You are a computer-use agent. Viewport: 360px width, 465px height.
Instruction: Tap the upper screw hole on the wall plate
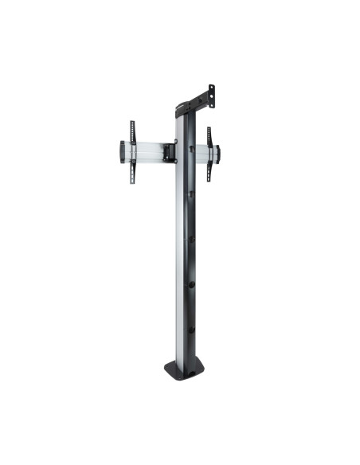pyautogui.click(x=212, y=88)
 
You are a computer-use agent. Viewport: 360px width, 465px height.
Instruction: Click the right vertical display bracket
pyautogui.click(x=209, y=153)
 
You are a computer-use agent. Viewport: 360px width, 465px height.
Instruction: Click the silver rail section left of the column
pyautogui.click(x=147, y=150)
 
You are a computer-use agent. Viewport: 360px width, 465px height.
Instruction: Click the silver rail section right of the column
pyautogui.click(x=202, y=154)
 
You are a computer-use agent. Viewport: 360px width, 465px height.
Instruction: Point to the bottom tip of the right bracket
pyautogui.click(x=209, y=180)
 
